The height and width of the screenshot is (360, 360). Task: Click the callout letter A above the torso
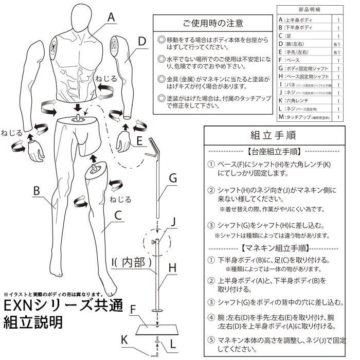(x=110, y=16)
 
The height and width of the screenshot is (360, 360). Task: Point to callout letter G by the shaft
(x=173, y=178)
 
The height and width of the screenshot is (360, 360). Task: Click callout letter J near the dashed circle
(x=173, y=222)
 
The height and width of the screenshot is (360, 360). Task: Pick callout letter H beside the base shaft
(x=173, y=268)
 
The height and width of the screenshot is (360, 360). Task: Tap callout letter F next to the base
(x=133, y=310)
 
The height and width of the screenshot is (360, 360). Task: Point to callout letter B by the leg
(x=37, y=190)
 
